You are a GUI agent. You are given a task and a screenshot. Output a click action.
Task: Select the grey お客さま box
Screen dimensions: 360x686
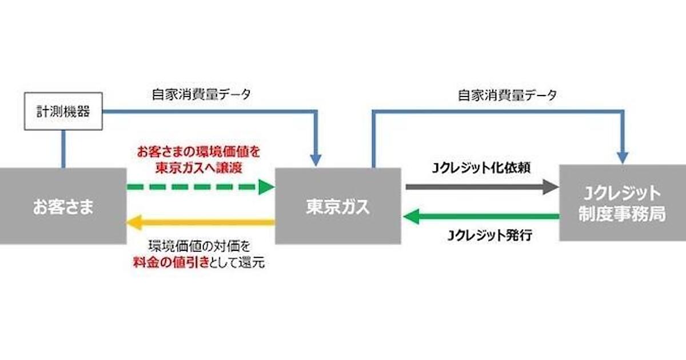coord(63,206)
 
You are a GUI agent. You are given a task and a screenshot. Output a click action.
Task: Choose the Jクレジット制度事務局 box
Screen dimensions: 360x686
coord(622,202)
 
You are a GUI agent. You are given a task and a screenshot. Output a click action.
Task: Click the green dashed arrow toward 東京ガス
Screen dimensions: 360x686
coord(200,186)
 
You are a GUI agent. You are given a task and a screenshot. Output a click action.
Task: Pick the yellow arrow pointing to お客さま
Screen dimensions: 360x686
coord(200,221)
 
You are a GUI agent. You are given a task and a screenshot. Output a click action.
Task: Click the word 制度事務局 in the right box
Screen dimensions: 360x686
coord(622,214)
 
